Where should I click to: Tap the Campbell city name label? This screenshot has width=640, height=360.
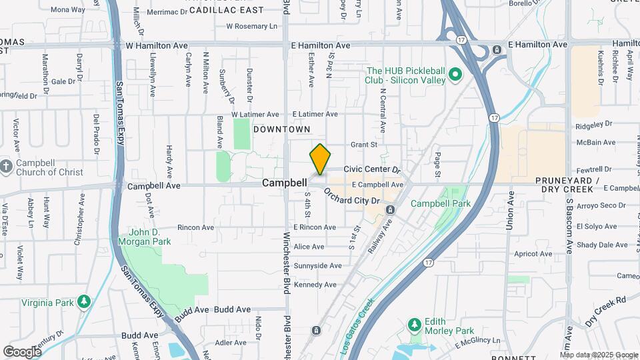(x=284, y=182)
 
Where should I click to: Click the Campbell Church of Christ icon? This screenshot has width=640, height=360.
(x=6, y=166)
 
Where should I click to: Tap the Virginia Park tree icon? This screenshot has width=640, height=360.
(x=84, y=301)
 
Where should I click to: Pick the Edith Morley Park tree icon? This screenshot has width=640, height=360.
(x=415, y=325)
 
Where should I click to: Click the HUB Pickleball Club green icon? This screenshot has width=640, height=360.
(x=456, y=75)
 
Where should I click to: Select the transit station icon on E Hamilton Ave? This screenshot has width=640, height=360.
(x=497, y=50)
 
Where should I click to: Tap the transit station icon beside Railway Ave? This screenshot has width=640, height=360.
(x=390, y=211)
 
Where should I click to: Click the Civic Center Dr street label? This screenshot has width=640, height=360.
(x=371, y=170)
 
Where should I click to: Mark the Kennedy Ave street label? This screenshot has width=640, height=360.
(x=315, y=285)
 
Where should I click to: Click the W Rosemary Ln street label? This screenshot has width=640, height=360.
(x=251, y=27)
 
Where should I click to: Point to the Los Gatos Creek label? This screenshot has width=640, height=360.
(x=357, y=325)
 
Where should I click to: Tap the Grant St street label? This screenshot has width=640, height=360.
(x=364, y=144)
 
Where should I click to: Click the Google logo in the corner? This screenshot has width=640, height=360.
(x=22, y=351)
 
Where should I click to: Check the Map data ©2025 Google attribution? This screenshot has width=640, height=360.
(x=597, y=354)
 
